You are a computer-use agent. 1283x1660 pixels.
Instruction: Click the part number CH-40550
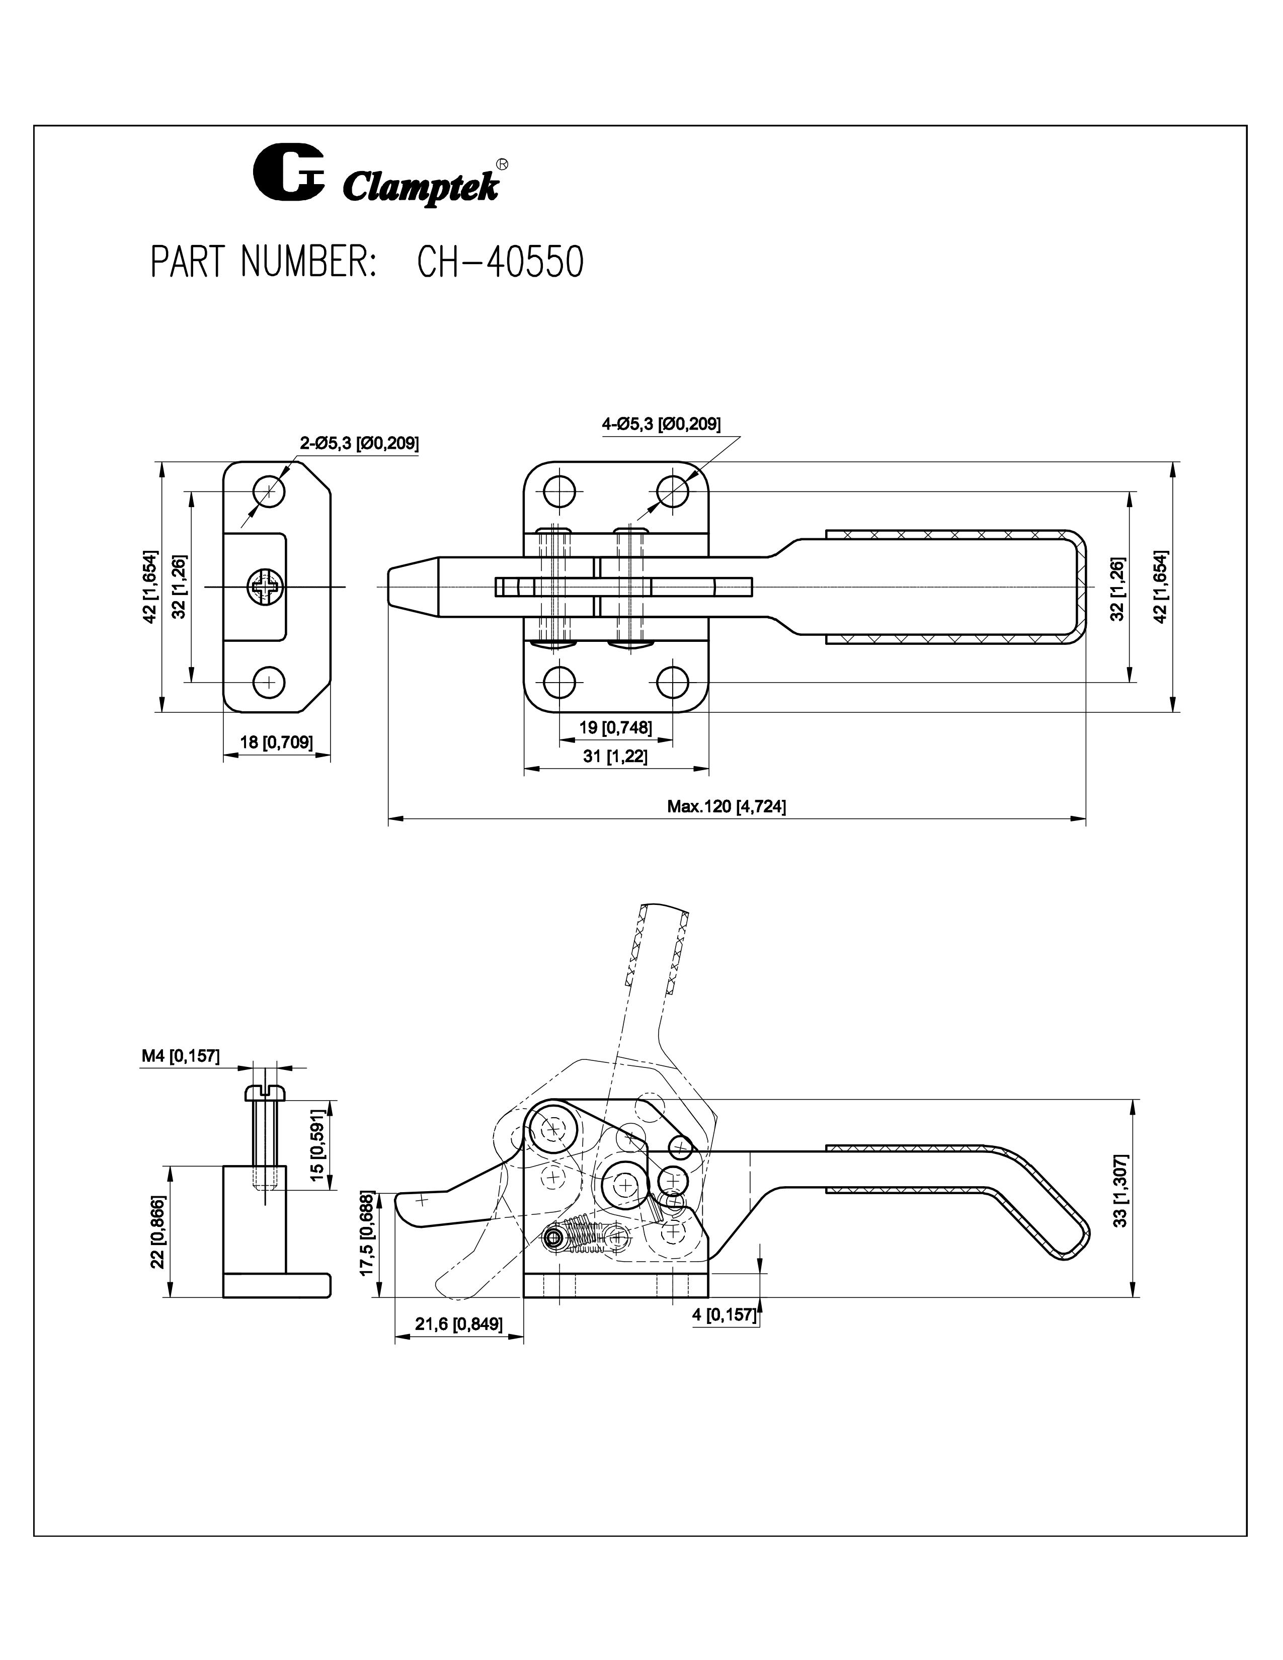[x=500, y=262]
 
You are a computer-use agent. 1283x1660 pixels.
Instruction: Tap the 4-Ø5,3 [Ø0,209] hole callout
[x=661, y=424]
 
